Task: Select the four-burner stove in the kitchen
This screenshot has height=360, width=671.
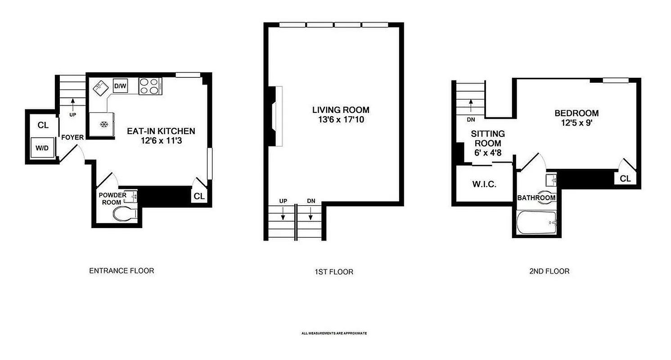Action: click(150, 86)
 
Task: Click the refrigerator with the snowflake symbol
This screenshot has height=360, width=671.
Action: click(102, 124)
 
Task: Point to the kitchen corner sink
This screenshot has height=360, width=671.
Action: click(101, 87)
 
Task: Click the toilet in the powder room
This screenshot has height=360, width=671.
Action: click(124, 214)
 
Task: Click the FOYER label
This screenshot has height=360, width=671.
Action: click(72, 137)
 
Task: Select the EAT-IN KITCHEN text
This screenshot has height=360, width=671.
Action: click(161, 131)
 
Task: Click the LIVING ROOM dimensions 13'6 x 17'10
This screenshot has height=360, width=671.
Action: click(341, 120)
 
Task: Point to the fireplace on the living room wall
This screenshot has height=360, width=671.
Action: click(275, 116)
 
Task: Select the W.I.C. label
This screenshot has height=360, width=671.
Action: click(484, 184)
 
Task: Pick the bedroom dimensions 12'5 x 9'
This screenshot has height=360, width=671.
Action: click(576, 123)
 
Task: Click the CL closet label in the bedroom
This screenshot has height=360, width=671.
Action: click(625, 179)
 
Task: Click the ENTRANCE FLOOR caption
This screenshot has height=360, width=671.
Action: click(122, 271)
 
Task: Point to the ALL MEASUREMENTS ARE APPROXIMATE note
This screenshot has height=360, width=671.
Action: click(334, 333)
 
